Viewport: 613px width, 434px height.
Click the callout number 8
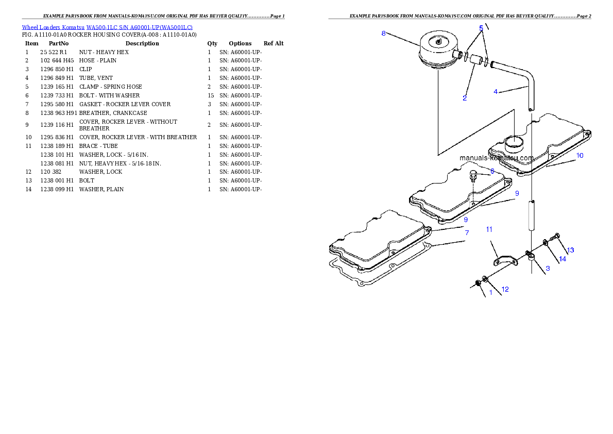[x=383, y=34]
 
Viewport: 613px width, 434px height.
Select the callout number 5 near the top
[x=481, y=27]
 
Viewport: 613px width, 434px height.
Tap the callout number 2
[x=465, y=98]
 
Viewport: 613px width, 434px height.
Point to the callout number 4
[x=496, y=92]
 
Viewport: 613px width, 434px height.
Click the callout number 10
[x=580, y=156]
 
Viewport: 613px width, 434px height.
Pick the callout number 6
[x=492, y=171]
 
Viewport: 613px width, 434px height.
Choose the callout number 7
[x=467, y=233]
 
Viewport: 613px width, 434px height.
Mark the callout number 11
[x=489, y=229]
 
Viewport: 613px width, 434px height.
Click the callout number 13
[x=570, y=250]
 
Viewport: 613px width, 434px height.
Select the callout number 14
[x=563, y=259]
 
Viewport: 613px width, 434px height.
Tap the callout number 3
[x=548, y=268]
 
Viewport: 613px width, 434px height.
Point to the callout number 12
[x=505, y=289]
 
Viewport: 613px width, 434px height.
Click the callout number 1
[x=490, y=293]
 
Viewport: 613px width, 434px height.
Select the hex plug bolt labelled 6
[x=473, y=176]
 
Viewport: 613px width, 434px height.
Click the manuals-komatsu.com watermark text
[x=497, y=158]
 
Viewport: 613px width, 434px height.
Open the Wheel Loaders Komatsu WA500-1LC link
[x=107, y=27]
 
